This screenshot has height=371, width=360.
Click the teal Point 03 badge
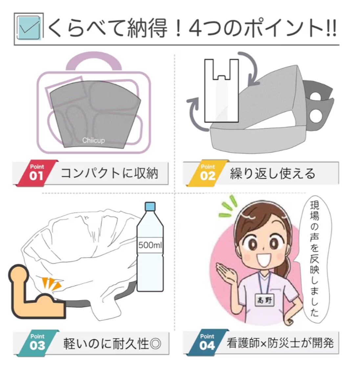point(38,342)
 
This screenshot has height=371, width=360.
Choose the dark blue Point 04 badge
point(208,342)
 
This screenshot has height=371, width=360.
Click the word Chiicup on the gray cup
point(93,141)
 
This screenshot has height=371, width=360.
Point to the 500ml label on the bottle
point(150,245)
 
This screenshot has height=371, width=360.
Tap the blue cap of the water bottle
point(150,207)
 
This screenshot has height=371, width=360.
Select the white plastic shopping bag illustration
point(221,91)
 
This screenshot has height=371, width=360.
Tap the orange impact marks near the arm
point(52,283)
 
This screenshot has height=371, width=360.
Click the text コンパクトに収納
point(109,174)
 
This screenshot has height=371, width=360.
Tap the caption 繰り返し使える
point(273,174)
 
